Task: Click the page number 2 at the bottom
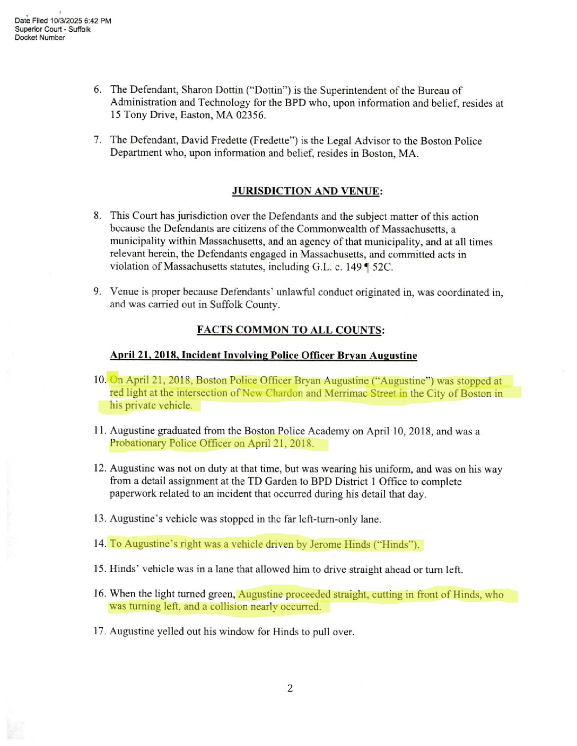point(290,688)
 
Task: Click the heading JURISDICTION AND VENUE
point(306,191)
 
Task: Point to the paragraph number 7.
point(98,140)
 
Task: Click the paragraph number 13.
point(100,518)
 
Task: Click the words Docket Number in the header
point(40,38)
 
